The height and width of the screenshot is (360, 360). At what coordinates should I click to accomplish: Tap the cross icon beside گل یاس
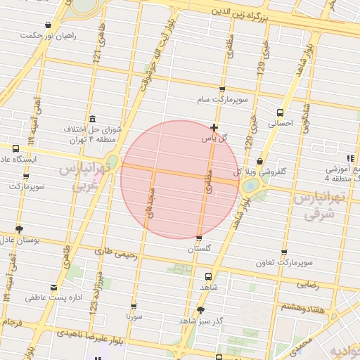pyautogui.click(x=214, y=128)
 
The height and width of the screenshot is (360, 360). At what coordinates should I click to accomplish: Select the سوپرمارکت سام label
pyautogui.click(x=222, y=101)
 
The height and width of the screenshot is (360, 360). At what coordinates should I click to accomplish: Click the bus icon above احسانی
pyautogui.click(x=281, y=112)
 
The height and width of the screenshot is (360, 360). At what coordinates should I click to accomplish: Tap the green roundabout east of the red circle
pyautogui.click(x=250, y=186)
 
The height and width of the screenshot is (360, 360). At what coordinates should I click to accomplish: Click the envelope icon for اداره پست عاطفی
pyautogui.click(x=54, y=287)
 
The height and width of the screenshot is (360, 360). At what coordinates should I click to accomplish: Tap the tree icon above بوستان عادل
pyautogui.click(x=18, y=229)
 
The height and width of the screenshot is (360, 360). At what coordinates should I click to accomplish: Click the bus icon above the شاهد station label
pyautogui.click(x=208, y=276)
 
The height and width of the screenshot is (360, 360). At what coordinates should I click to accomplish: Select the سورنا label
pyautogui.click(x=134, y=317)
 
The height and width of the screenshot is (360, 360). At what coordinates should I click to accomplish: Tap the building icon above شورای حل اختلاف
pyautogui.click(x=92, y=119)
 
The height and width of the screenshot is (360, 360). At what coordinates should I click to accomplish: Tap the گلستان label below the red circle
pyautogui.click(x=199, y=249)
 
